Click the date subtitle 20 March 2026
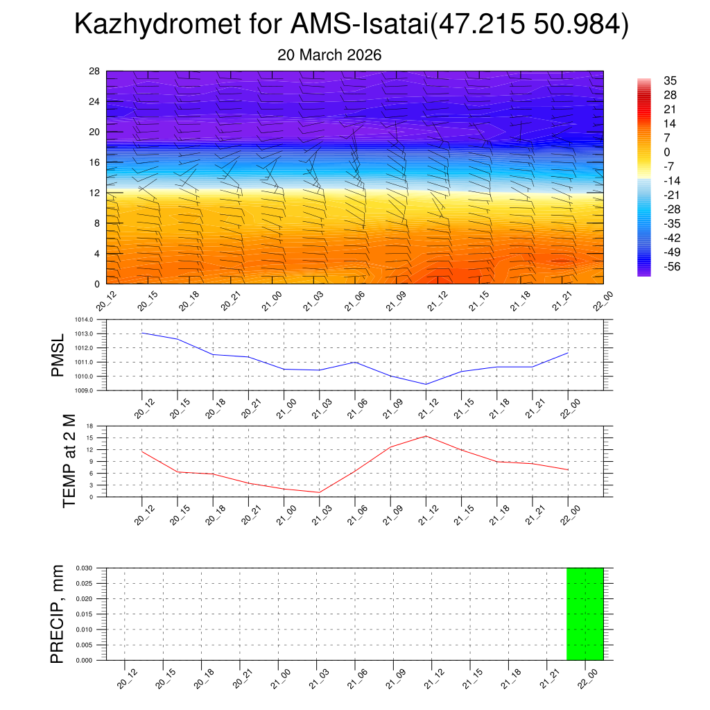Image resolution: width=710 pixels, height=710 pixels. [x=329, y=55]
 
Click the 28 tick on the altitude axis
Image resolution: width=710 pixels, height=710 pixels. [x=95, y=71]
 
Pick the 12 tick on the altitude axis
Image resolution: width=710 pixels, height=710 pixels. [x=95, y=193]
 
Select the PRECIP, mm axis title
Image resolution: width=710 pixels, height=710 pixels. [x=58, y=614]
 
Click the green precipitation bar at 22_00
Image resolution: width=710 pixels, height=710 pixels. [x=585, y=614]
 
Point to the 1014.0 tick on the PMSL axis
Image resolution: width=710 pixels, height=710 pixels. [x=94, y=320]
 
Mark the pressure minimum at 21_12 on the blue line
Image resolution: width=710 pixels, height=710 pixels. [x=426, y=384]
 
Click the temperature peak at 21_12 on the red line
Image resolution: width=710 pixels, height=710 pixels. [x=426, y=435]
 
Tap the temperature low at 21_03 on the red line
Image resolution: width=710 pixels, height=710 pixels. [x=319, y=492]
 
